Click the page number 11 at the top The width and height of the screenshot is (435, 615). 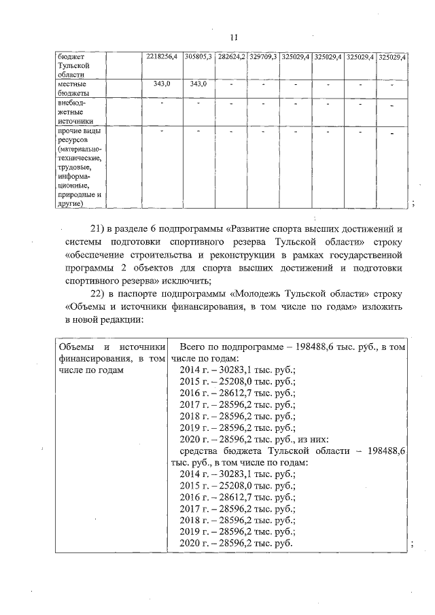coord(234,37)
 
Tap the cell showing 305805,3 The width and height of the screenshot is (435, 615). coord(198,57)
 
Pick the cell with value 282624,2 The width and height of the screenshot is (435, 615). coord(230,57)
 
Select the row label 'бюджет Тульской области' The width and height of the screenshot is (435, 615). coord(73,66)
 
